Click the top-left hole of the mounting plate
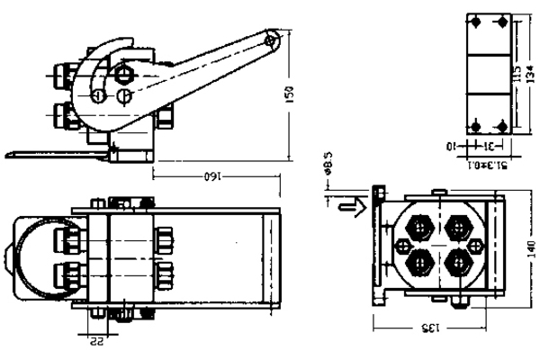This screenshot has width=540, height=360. click(476, 23)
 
